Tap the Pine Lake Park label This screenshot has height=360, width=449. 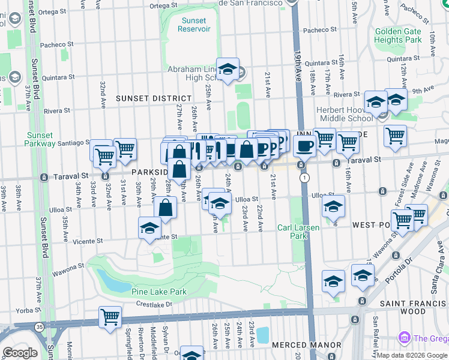159,292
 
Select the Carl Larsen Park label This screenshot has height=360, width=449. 292,232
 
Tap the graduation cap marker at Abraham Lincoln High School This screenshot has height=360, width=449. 228,70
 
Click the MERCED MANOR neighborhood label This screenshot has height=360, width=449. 298,346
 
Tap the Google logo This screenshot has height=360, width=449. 20,353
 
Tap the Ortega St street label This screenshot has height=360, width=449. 161,6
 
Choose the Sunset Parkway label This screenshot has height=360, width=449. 40,139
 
